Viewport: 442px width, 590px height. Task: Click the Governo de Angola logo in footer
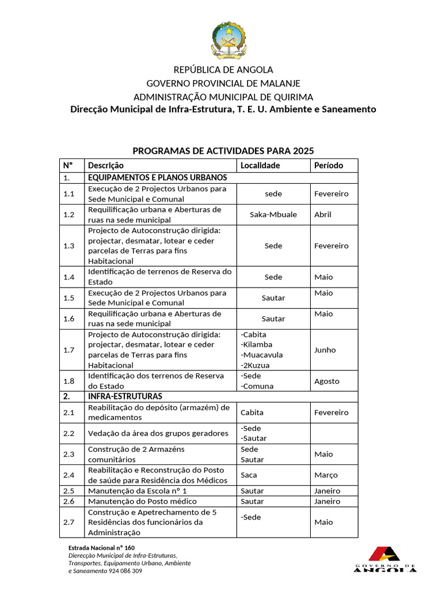[x=384, y=559]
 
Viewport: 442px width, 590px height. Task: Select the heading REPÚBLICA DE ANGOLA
[x=223, y=70]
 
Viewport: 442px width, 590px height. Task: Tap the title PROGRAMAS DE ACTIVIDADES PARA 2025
[x=223, y=151]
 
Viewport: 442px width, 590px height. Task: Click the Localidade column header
[x=260, y=165]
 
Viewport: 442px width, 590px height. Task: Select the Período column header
[x=329, y=165]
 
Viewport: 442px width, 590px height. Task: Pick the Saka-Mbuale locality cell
[x=273, y=214]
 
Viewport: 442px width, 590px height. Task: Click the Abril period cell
[x=323, y=214]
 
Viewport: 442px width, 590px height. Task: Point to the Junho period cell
[x=325, y=350]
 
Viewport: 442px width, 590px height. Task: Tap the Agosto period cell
[x=327, y=381]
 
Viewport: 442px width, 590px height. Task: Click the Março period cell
[x=326, y=475]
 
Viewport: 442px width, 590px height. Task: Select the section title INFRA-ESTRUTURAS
[x=125, y=396]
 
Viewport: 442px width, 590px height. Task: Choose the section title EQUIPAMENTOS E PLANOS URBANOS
[x=157, y=177]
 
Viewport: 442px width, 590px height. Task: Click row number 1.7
[x=69, y=350]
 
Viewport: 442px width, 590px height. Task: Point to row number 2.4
[x=69, y=475]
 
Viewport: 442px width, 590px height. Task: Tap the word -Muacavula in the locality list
[x=261, y=355]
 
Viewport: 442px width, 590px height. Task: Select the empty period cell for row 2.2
[x=334, y=433]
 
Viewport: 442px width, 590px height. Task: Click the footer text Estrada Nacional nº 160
[x=101, y=547]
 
